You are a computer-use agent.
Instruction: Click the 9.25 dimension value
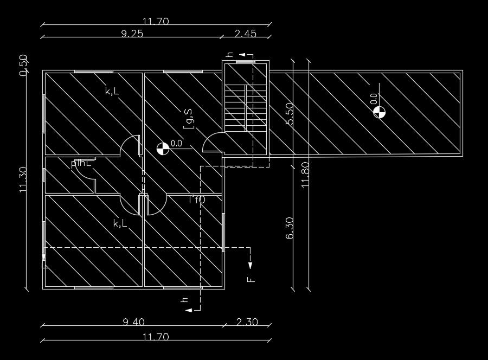[x=132, y=33]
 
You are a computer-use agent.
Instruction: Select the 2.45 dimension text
[x=245, y=33]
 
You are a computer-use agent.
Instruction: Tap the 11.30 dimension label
[x=23, y=180]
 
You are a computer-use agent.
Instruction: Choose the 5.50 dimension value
[x=289, y=113]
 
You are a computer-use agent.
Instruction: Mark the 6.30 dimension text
[x=289, y=228]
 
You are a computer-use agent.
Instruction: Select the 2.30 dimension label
[x=247, y=322]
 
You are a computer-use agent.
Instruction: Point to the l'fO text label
[x=196, y=200]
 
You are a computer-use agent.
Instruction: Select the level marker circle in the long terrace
[x=379, y=112]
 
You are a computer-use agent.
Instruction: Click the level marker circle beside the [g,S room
[x=162, y=148]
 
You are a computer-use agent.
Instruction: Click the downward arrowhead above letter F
[x=251, y=265]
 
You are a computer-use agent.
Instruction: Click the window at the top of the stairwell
[x=246, y=62]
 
